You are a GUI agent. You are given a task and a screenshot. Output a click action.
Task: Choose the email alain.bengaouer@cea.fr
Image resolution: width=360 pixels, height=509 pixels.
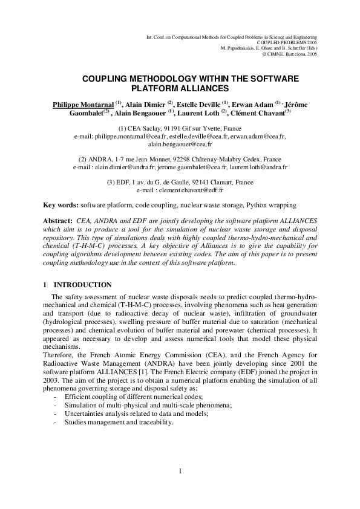[180, 145]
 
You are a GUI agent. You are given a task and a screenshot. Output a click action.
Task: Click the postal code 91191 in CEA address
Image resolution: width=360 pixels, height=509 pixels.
[168, 129]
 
